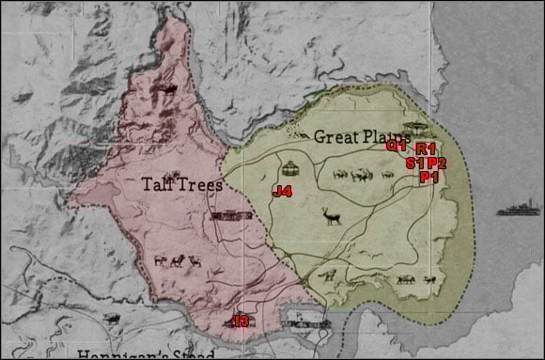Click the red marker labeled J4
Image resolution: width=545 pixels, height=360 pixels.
point(282,192)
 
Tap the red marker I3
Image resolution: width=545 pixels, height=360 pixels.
point(241,321)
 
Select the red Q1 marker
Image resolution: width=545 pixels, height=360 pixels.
point(396,146)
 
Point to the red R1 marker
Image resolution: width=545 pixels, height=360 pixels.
point(426,149)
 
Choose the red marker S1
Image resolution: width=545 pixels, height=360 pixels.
point(414,163)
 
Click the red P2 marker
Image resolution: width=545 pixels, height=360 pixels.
point(436,163)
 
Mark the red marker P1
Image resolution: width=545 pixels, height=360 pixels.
point(428,177)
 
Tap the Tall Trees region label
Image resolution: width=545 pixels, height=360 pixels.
point(182,184)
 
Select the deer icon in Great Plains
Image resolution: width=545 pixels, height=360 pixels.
point(333,217)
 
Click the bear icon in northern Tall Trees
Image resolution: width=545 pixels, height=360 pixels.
point(169,90)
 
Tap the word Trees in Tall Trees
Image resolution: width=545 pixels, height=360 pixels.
point(201,184)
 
